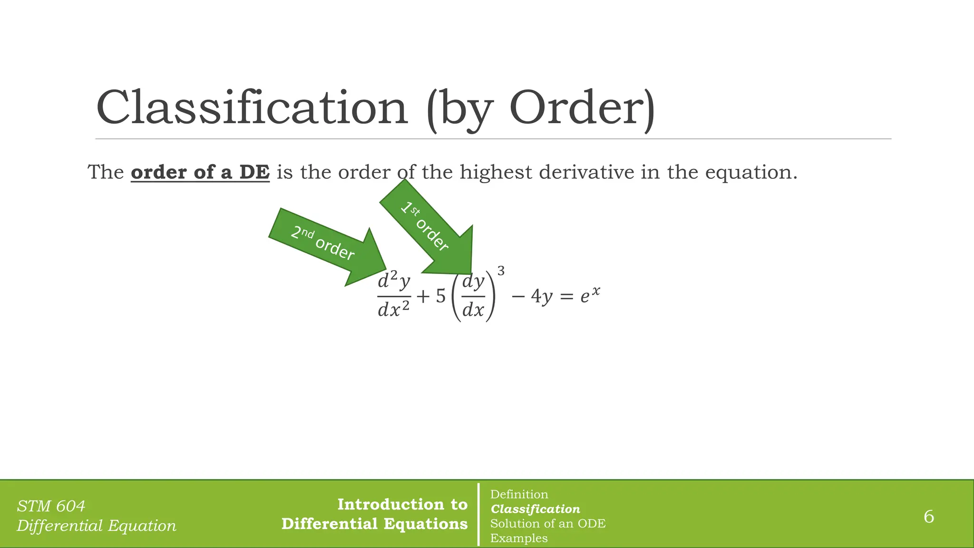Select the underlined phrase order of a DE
coord(200,172)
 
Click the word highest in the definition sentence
coord(496,172)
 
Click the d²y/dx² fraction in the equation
coord(394,296)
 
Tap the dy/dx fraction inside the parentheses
coord(473,296)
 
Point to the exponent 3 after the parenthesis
coord(501,272)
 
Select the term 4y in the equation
coord(542,297)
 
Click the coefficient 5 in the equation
coord(441,296)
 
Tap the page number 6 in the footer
coord(928,517)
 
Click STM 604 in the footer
coord(51,506)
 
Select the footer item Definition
coord(519,495)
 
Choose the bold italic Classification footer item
coord(535,509)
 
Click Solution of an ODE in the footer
coord(548,524)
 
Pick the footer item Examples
coord(519,538)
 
